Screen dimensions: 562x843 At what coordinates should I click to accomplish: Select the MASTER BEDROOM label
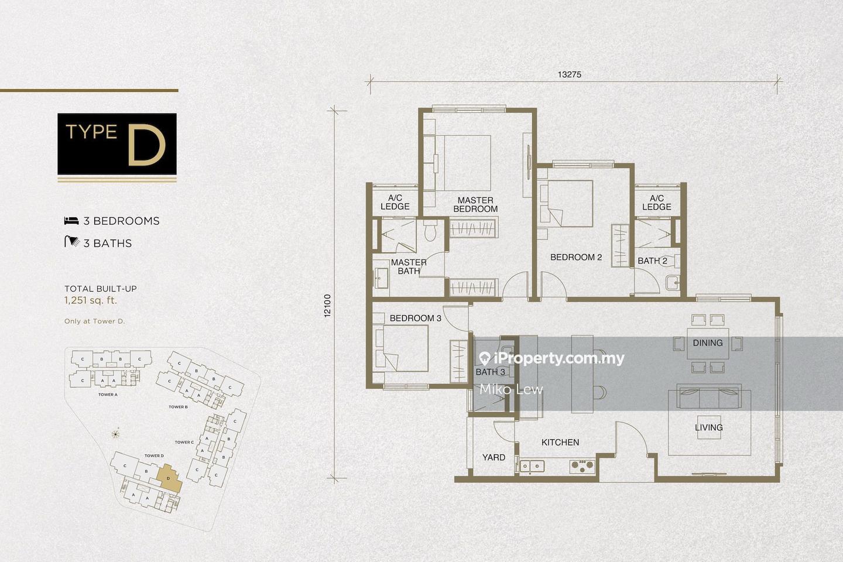475,204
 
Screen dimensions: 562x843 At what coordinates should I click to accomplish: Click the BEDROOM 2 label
576,257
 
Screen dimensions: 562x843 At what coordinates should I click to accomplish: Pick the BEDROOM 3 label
415,318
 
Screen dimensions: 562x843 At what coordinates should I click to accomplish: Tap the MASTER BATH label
409,266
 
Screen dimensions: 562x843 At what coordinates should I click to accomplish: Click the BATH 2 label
652,261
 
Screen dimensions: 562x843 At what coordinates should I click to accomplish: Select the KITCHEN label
560,443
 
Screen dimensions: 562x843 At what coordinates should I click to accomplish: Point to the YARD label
494,457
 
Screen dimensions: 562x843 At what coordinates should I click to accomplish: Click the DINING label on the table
707,343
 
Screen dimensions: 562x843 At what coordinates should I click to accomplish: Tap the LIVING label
708,428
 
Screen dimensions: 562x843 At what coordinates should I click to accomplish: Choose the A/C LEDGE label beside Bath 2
656,203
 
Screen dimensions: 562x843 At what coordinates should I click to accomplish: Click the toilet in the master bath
431,232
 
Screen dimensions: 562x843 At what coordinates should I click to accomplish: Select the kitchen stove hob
582,466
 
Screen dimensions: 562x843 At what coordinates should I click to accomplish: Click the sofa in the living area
709,397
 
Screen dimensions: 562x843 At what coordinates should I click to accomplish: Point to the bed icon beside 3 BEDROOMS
71,221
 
